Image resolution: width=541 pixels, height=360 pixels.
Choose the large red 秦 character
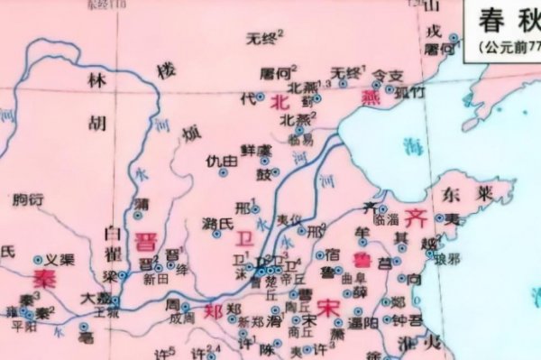pos(41,275)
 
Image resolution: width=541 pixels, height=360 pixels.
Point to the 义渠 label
pos(60,258)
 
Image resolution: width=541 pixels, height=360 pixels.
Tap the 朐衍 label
pos(29,199)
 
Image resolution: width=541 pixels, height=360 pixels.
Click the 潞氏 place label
pos(215,222)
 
